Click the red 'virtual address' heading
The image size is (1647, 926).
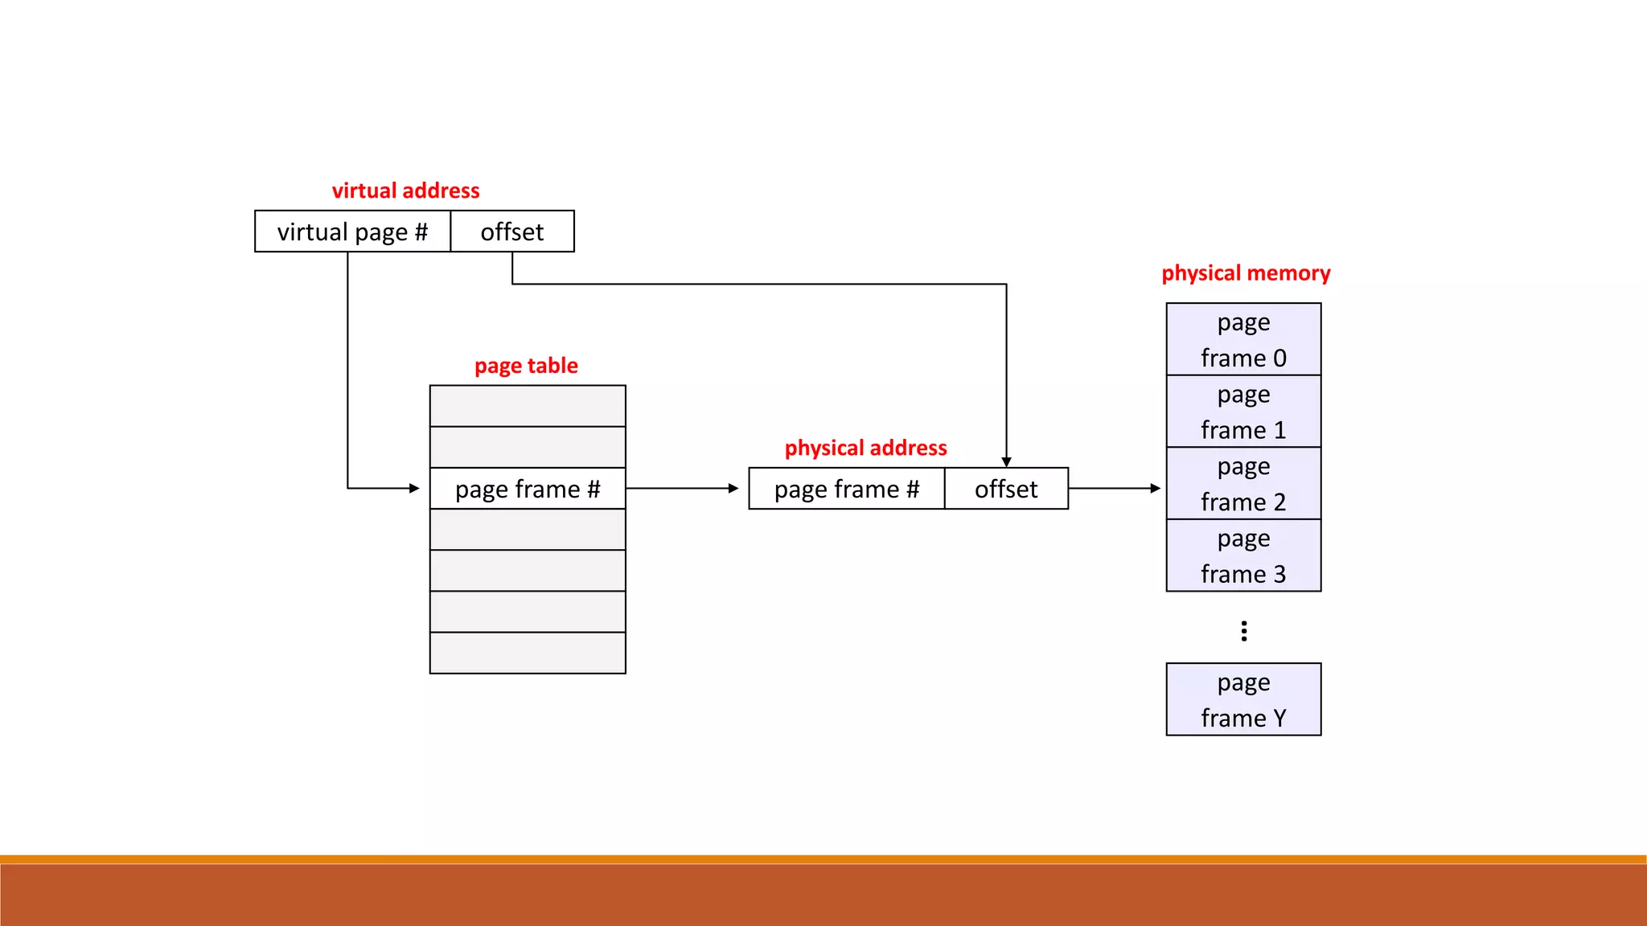pyautogui.click(x=405, y=191)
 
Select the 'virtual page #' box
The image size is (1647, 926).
pyautogui.click(x=352, y=231)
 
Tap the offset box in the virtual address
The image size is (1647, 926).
pyautogui.click(x=512, y=231)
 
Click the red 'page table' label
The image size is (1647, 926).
pyautogui.click(x=526, y=366)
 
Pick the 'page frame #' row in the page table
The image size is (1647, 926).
pyautogui.click(x=528, y=489)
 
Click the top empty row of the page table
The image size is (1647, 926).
pyautogui.click(x=528, y=406)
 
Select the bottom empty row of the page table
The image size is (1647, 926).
pyautogui.click(x=528, y=653)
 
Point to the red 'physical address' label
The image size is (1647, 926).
pyautogui.click(x=865, y=448)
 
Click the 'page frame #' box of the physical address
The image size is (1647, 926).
pyautogui.click(x=846, y=489)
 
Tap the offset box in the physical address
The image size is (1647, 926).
pyautogui.click(x=1006, y=489)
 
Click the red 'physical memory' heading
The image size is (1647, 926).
pyautogui.click(x=1246, y=273)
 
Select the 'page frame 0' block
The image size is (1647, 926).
pyautogui.click(x=1243, y=339)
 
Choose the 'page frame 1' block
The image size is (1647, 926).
pyautogui.click(x=1243, y=412)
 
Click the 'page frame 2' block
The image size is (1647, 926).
pyautogui.click(x=1243, y=483)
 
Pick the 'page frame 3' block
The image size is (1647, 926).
pyautogui.click(x=1243, y=555)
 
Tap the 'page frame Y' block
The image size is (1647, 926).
pyautogui.click(x=1243, y=699)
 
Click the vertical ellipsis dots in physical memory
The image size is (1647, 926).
pyautogui.click(x=1244, y=631)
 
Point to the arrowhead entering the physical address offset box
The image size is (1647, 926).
pyautogui.click(x=1006, y=462)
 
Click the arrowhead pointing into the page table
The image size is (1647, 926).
pyautogui.click(x=414, y=488)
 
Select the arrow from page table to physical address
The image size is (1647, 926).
pyautogui.click(x=682, y=488)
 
